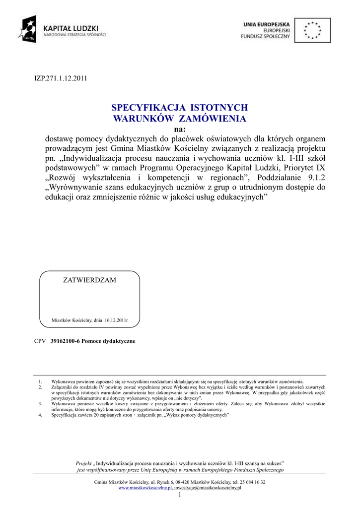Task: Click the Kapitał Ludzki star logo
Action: pos(29,28)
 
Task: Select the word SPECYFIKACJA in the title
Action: pos(147,108)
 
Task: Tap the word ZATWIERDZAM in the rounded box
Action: pos(89,280)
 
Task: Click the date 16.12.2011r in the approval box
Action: pos(116,320)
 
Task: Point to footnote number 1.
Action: pos(40,382)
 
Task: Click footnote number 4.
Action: pos(40,415)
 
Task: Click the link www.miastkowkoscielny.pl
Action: pos(145,488)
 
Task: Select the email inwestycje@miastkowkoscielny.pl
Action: pos(208,488)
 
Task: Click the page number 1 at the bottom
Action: pos(180,495)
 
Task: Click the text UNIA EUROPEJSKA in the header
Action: pos(267,24)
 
